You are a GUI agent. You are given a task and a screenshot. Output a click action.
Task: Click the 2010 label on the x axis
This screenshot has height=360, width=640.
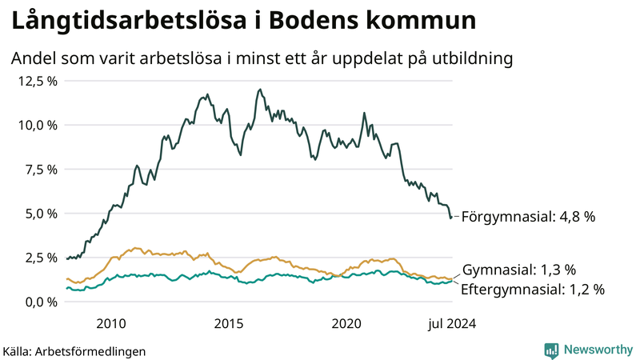pos(110,323)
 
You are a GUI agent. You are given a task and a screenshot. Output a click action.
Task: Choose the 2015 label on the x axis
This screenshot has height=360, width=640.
pos(229,323)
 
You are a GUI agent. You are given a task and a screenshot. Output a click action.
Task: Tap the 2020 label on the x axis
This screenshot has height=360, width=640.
pos(347,323)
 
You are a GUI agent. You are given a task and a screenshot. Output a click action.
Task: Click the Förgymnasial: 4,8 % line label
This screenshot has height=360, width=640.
pos(529,217)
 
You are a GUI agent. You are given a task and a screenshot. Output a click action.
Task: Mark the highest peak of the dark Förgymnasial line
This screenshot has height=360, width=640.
pos(261,90)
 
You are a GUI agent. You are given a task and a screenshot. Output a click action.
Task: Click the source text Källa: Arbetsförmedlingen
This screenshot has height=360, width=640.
pos(74,351)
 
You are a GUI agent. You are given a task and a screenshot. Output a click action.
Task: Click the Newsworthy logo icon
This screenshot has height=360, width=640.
pos(551,350)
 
